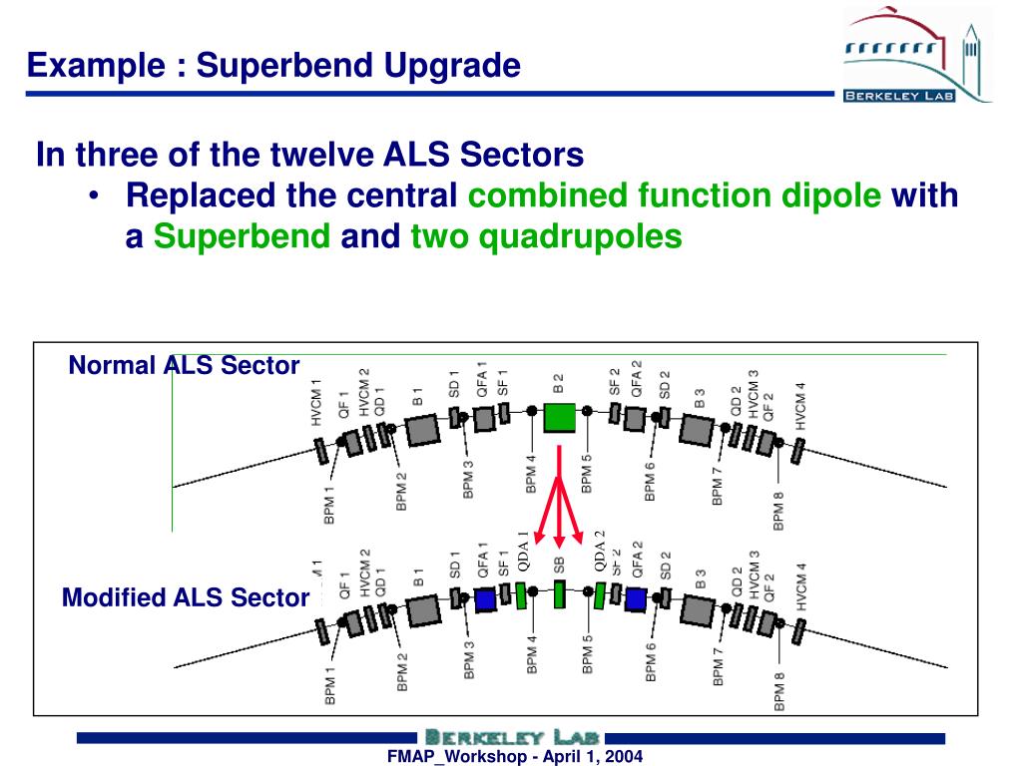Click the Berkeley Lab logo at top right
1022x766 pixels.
click(x=917, y=56)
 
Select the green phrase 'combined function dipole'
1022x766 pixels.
click(x=675, y=195)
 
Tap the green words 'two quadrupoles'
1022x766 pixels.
click(x=546, y=237)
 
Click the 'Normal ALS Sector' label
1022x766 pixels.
click(x=184, y=366)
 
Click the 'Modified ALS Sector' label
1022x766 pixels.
click(x=185, y=597)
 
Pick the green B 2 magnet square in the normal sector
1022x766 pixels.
click(x=560, y=416)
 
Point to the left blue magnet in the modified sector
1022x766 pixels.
click(x=485, y=599)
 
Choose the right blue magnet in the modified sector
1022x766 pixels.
click(x=636, y=598)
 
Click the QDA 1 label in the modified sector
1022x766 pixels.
click(x=523, y=552)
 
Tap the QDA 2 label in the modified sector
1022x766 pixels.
click(x=600, y=551)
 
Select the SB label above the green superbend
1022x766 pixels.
click(x=559, y=564)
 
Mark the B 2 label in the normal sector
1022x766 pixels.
click(x=559, y=383)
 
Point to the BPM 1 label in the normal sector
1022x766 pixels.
click(x=329, y=506)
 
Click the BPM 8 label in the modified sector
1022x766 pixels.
click(x=779, y=691)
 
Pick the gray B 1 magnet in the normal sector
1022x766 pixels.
click(x=423, y=429)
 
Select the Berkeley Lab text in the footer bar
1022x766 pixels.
click(x=510, y=737)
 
